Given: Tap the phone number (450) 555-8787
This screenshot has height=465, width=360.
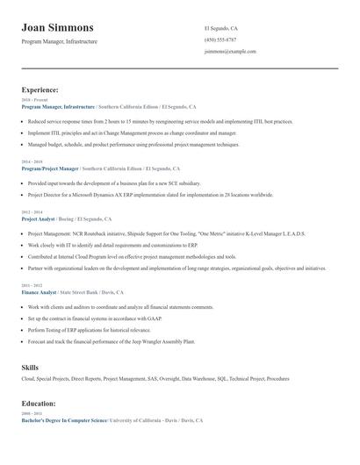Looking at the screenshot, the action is tap(220, 39).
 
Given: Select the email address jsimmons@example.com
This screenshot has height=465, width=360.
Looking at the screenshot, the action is tap(230, 52).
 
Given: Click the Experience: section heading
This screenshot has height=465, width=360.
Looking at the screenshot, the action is tap(40, 89).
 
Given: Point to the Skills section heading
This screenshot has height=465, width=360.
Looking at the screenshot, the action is tap(31, 368).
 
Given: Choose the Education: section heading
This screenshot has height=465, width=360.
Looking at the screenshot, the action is tap(39, 403).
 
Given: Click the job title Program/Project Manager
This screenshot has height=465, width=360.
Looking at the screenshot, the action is tap(50, 168).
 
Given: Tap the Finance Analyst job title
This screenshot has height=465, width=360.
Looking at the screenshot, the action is tap(38, 291).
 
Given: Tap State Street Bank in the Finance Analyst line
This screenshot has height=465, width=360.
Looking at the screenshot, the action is tap(77, 291).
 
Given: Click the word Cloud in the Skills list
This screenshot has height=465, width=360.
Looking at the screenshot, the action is tap(27, 380).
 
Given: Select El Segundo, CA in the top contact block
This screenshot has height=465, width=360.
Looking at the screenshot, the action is tap(220, 28).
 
